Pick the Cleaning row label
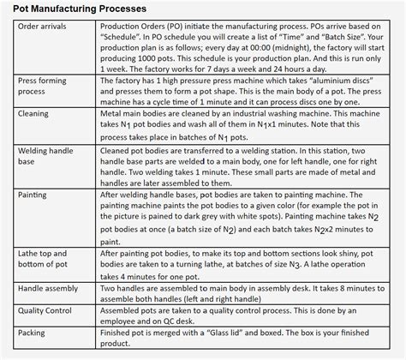click(36, 113)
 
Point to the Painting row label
click(35, 195)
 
